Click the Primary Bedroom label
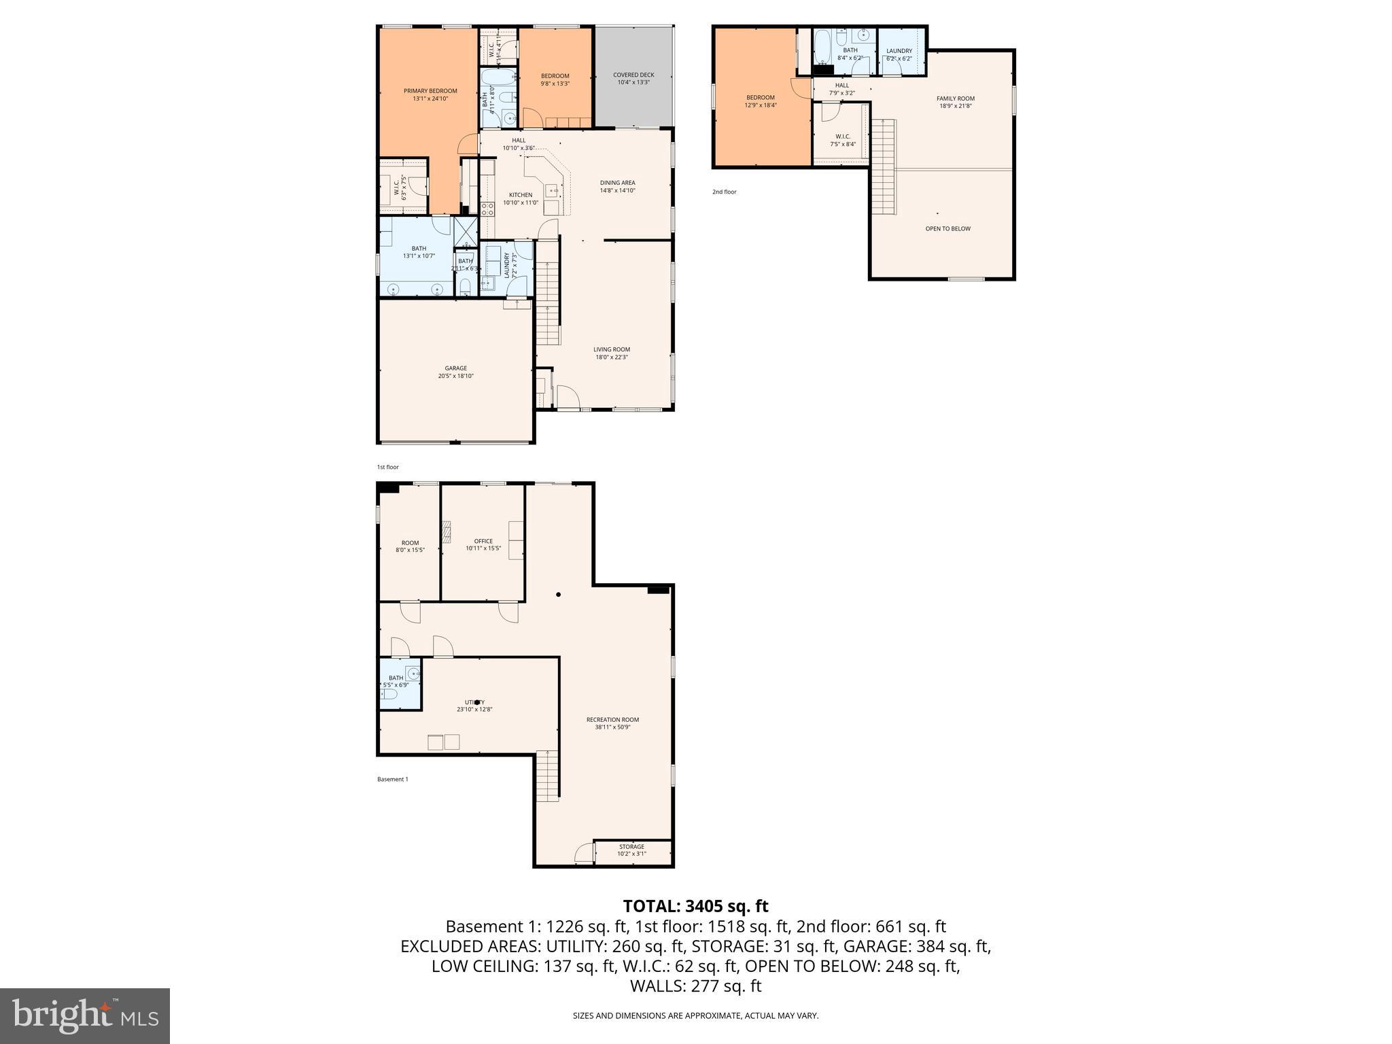(430, 91)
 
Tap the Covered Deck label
(633, 75)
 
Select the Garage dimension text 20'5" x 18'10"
(455, 376)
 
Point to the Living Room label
(612, 349)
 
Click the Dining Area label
(617, 183)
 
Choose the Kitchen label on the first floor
(521, 195)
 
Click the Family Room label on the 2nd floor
(955, 99)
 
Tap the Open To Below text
(947, 228)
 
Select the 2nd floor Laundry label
(899, 51)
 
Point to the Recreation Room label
(612, 720)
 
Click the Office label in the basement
(483, 541)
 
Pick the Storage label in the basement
(631, 847)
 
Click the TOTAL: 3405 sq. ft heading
(695, 906)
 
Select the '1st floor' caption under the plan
(388, 467)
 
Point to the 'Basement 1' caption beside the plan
(393, 779)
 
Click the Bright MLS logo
(85, 1016)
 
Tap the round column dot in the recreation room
(559, 595)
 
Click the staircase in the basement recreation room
(547, 775)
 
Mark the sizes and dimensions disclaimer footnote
(695, 1015)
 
